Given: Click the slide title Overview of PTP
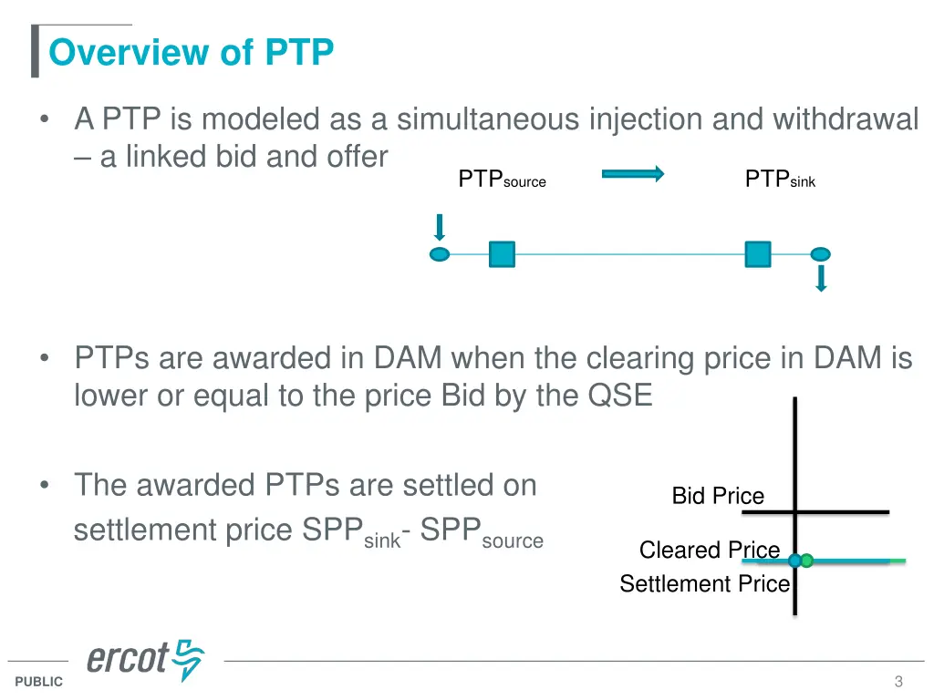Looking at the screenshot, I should click(192, 53).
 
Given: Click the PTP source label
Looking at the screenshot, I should click(502, 180).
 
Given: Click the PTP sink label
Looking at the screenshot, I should click(780, 180).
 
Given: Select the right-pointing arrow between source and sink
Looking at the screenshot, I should click(633, 174).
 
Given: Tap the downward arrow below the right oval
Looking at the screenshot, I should click(821, 278).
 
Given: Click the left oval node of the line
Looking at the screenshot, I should click(440, 253).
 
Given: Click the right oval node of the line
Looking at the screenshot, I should click(821, 253).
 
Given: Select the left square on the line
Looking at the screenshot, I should click(502, 253).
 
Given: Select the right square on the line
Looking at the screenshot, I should click(758, 253).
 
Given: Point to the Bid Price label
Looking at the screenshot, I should click(718, 496).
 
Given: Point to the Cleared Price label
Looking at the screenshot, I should click(710, 551).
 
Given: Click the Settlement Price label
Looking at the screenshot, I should click(704, 584).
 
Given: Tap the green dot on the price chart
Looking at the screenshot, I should click(807, 561).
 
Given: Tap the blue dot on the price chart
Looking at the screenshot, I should click(794, 561).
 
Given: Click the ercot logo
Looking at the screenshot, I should click(146, 659).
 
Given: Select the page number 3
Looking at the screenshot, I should click(898, 682).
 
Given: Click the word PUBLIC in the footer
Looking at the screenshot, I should click(39, 682).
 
